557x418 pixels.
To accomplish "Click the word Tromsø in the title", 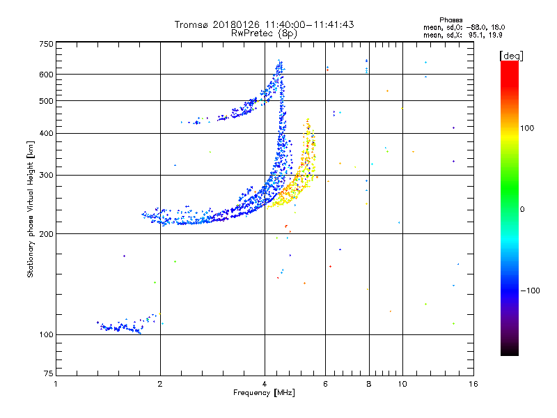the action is coord(191,24).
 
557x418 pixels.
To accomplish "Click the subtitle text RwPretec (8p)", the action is coord(264,33).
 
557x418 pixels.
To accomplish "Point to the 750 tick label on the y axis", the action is coord(47,44).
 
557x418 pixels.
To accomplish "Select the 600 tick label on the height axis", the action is coord(47,75).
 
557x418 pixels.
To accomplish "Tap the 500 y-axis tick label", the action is coord(47,101).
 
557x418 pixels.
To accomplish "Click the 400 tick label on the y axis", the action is coord(47,133).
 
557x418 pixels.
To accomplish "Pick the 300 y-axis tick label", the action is coord(47,175).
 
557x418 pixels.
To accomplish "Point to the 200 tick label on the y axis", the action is coord(47,234).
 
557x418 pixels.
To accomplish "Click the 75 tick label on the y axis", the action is coord(49,373).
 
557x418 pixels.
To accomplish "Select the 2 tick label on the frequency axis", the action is coord(160,384).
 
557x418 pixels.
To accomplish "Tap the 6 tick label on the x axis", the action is coord(325,384).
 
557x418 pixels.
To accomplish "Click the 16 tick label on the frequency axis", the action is coord(473,384).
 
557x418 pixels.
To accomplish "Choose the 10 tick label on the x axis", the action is coord(402,384).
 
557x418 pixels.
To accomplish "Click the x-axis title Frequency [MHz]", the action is coord(264,393).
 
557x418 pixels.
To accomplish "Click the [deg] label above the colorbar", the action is coord(511,56).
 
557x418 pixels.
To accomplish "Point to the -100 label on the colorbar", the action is coord(531,291).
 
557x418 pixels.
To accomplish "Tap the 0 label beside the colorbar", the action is coord(522,210).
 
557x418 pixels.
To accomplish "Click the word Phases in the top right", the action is coord(450,20).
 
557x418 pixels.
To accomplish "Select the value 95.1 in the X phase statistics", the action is coord(476,35).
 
